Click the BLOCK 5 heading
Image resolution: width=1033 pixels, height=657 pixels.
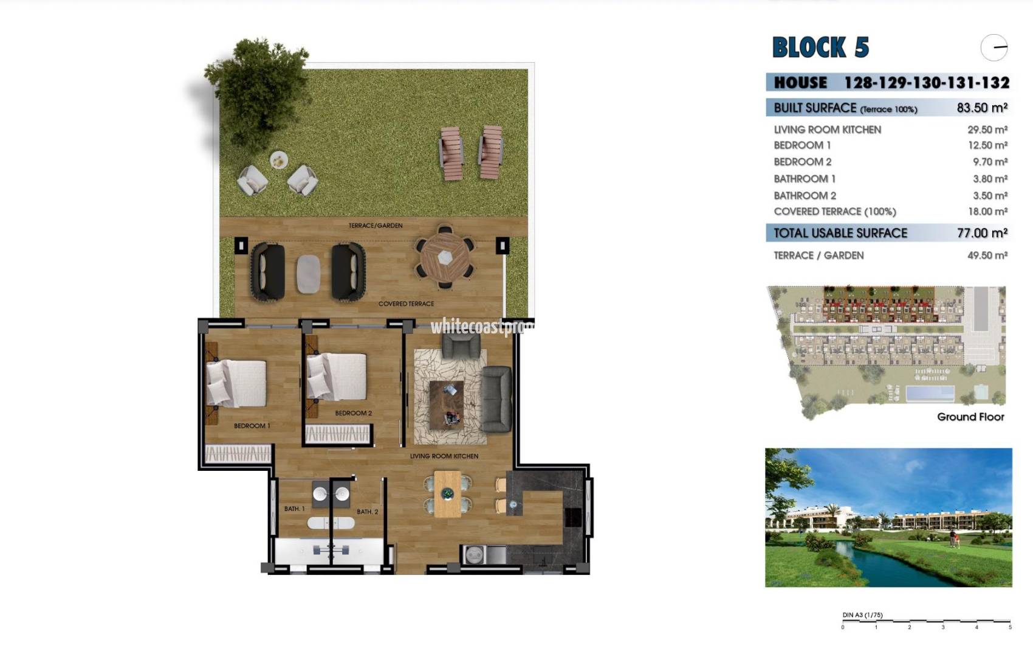[820, 47]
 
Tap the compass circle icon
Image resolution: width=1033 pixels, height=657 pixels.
[994, 47]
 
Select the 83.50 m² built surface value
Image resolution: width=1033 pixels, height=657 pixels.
[981, 108]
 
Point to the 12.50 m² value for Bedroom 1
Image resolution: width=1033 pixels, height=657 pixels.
[987, 145]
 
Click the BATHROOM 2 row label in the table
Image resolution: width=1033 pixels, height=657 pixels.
[805, 195]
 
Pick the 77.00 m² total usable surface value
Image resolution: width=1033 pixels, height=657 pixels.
[981, 233]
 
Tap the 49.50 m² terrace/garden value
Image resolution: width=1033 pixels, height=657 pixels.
[987, 255]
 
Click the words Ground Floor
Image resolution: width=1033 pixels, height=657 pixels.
[970, 417]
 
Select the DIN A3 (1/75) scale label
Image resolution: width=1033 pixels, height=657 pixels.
[862, 615]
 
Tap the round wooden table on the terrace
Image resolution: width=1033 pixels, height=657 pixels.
[445, 257]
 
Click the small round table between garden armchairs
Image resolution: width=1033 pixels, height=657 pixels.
[279, 159]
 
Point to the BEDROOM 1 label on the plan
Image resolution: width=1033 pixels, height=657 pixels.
[252, 426]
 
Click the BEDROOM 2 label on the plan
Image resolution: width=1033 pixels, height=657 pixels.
[353, 413]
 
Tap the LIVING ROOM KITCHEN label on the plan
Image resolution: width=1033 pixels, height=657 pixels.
[444, 456]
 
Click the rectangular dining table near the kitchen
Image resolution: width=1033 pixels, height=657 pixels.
[447, 495]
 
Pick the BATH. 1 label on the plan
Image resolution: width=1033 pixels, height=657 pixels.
[294, 509]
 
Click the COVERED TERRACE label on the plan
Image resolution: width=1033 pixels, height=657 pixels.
[406, 304]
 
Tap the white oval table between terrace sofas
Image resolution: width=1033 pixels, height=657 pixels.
[308, 273]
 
